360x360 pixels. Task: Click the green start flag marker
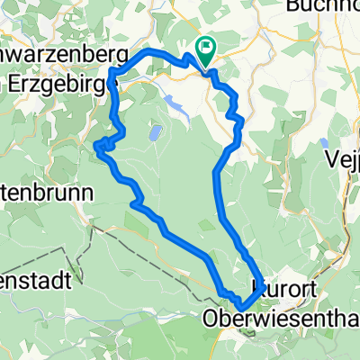tap(207, 50)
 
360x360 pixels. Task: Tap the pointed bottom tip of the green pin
tap(207, 67)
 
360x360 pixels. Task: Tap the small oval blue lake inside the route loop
tap(156, 134)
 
